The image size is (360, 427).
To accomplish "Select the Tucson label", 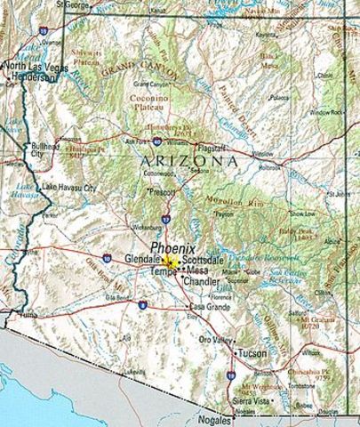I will [x=252, y=353].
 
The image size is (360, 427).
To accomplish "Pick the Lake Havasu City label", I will [x=68, y=188].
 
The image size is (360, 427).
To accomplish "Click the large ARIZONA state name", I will [x=188, y=161].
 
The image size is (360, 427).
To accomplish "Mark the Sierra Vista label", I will [x=250, y=401].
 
